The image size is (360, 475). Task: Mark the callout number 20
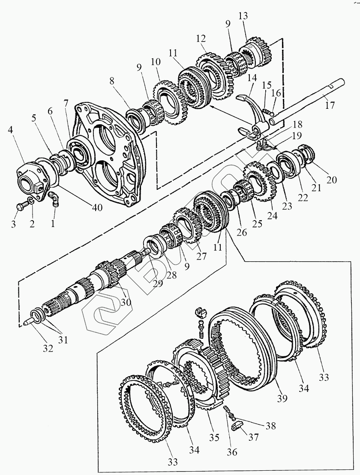pos(331,180)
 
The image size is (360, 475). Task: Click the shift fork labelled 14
pos(253,114)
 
